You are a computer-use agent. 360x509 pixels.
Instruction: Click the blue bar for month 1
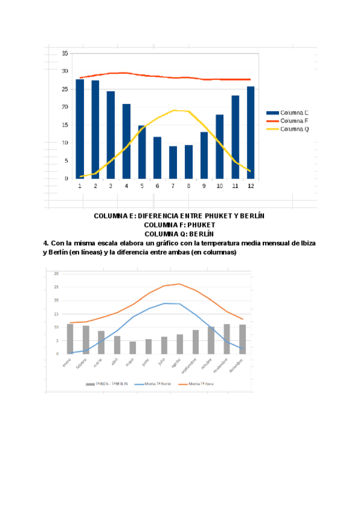click(x=80, y=129)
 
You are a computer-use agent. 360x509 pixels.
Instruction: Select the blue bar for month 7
click(x=173, y=162)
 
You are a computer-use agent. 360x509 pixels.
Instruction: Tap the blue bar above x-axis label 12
click(x=251, y=133)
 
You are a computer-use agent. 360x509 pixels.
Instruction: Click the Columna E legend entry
click(x=295, y=112)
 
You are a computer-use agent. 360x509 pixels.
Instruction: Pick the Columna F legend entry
click(x=295, y=121)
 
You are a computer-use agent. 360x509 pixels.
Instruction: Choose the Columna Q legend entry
click(x=295, y=128)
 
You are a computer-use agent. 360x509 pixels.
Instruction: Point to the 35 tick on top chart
click(x=65, y=53)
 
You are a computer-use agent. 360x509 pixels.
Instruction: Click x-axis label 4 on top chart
click(x=127, y=186)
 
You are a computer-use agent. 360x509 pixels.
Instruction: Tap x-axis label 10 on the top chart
click(x=220, y=186)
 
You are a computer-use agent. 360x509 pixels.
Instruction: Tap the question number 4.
click(x=46, y=243)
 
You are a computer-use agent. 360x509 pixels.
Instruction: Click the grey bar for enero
click(x=70, y=339)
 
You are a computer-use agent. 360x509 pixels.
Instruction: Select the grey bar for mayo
click(x=133, y=348)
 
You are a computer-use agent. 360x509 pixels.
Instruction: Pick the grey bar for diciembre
click(x=242, y=339)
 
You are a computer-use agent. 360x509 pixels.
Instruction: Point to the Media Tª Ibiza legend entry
click(x=200, y=384)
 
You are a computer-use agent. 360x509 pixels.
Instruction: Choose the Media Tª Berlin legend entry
click(x=155, y=384)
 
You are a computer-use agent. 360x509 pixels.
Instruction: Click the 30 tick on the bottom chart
click(x=57, y=273)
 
